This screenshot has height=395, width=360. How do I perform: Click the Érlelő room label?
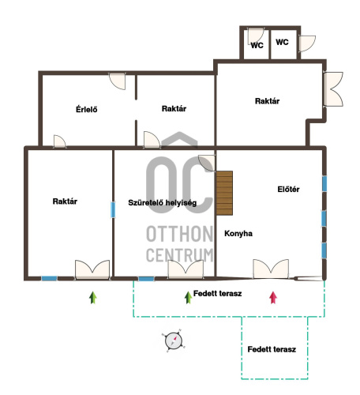pyautogui.click(x=87, y=109)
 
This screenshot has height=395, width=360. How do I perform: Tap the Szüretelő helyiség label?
pyautogui.click(x=163, y=203)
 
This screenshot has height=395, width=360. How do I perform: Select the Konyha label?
pyautogui.click(x=238, y=233)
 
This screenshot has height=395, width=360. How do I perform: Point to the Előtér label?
pyautogui.click(x=288, y=189)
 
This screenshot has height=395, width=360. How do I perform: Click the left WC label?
pyautogui.click(x=257, y=45)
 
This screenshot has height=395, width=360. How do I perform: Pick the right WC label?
pyautogui.click(x=282, y=42)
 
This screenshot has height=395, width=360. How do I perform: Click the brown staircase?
pyautogui.click(x=224, y=193)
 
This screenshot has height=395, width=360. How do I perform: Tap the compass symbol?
pyautogui.click(x=174, y=340)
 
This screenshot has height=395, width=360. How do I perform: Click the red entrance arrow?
pyautogui.click(x=273, y=298)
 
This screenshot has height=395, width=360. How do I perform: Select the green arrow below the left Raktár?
pyautogui.click(x=93, y=298)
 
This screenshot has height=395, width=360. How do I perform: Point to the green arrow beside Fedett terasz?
pyautogui.click(x=188, y=298)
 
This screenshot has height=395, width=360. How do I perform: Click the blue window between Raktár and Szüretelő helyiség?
pyautogui.click(x=113, y=209)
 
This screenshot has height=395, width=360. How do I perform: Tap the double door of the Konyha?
pyautogui.click(x=271, y=269)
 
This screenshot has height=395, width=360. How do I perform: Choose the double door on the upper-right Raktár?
pyautogui.click(x=333, y=89)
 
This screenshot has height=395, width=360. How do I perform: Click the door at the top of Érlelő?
pyautogui.click(x=118, y=81)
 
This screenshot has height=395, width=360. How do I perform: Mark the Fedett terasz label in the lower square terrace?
pyautogui.click(x=272, y=349)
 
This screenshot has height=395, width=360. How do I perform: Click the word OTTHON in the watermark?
pyautogui.click(x=180, y=234)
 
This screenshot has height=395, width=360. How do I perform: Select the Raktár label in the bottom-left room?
pyautogui.click(x=65, y=201)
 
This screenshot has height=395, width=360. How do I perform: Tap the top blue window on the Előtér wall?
pyautogui.click(x=324, y=183)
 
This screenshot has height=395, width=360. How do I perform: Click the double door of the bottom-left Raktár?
pyautogui.click(x=92, y=269)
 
